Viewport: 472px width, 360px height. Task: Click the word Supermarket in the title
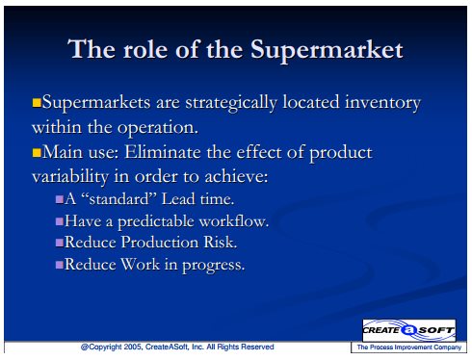(x=327, y=50)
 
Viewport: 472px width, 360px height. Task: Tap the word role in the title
(x=144, y=50)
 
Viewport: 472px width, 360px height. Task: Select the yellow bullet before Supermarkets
(x=37, y=103)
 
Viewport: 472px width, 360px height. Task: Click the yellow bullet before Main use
(x=37, y=152)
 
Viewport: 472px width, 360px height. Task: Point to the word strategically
(x=231, y=103)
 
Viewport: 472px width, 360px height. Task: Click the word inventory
(x=382, y=103)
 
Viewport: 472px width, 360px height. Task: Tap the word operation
(x=157, y=128)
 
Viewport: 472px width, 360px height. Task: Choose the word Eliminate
(x=163, y=152)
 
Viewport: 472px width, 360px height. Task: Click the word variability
(x=70, y=177)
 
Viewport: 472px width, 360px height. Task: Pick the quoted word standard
(x=119, y=199)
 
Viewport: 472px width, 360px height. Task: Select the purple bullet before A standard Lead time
(x=60, y=199)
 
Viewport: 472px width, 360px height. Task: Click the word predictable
(x=156, y=221)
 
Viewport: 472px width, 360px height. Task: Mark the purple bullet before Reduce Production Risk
(x=60, y=243)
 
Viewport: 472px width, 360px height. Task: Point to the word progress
(x=214, y=266)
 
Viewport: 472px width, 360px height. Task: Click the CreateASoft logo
(x=409, y=330)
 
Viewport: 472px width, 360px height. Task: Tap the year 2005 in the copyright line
(x=133, y=347)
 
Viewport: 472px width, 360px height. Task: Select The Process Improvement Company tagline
(x=409, y=347)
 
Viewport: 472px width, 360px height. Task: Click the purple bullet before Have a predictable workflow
(x=60, y=221)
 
